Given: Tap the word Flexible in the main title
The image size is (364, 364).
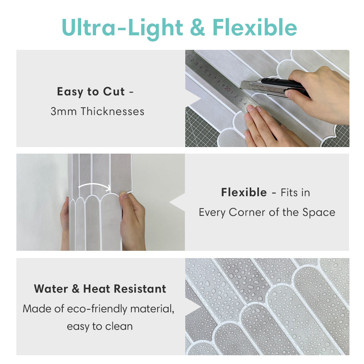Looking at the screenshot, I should [x=255, y=28].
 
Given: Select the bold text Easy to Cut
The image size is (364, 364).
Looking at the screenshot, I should [x=91, y=92].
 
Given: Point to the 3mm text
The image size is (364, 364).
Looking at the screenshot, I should [x=64, y=111].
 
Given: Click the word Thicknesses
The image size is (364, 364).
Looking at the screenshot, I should [x=112, y=111].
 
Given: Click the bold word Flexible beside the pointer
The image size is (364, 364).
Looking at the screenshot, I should [x=244, y=192].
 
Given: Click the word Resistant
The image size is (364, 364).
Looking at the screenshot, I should [x=140, y=289].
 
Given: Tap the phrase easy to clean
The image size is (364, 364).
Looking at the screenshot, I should [x=99, y=326].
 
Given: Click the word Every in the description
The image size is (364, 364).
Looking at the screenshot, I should [x=212, y=212].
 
